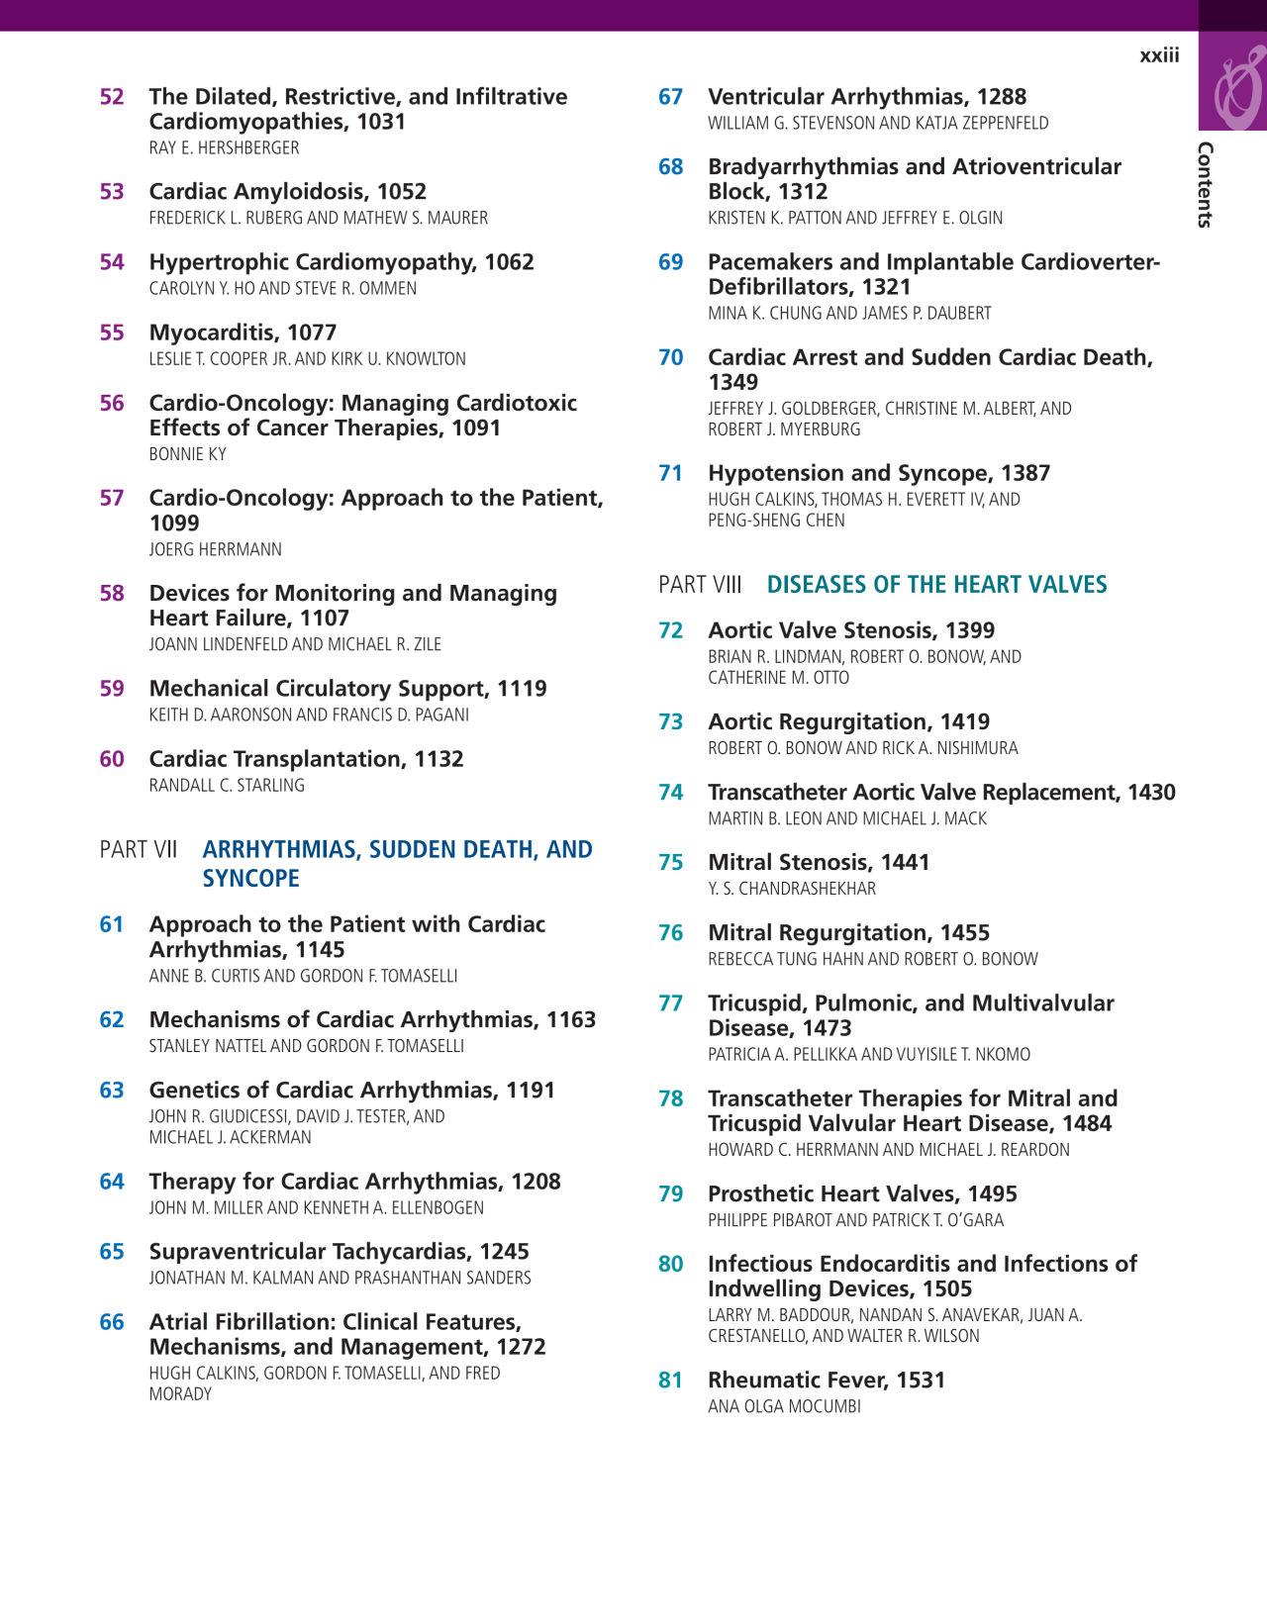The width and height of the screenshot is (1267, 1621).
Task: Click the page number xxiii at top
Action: (x=1159, y=55)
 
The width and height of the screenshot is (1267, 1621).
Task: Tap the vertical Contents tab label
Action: (x=1205, y=185)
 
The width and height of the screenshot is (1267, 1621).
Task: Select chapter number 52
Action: (x=112, y=97)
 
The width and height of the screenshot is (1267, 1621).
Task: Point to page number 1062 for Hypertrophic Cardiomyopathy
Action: (x=509, y=262)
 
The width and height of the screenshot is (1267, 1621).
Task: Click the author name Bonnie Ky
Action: (x=187, y=454)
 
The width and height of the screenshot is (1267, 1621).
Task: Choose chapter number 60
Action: (x=112, y=759)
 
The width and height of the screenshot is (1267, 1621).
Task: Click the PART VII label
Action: (x=138, y=850)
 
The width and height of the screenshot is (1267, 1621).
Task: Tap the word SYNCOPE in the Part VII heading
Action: (x=250, y=879)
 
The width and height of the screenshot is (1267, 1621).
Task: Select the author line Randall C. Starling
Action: (x=227, y=786)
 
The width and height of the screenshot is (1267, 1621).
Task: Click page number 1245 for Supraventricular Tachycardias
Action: (x=504, y=1252)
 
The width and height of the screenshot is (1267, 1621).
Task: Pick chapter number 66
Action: (x=112, y=1322)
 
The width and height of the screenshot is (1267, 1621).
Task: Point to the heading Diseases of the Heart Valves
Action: (x=936, y=585)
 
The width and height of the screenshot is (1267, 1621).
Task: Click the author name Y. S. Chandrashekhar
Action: (x=791, y=889)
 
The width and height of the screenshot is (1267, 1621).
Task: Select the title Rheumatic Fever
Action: (x=798, y=1381)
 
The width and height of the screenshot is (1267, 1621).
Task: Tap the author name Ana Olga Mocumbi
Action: (x=784, y=1406)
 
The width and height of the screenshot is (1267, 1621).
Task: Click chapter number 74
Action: (x=671, y=793)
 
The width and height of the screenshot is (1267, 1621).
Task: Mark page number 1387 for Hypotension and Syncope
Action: (x=1025, y=474)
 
